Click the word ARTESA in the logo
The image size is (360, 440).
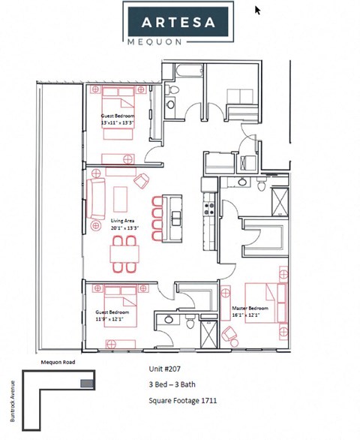(178, 21)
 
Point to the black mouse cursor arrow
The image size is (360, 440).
(258, 11)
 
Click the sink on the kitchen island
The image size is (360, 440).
(175, 218)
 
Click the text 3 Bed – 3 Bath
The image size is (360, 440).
(173, 386)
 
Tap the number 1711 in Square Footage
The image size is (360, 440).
(208, 401)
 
